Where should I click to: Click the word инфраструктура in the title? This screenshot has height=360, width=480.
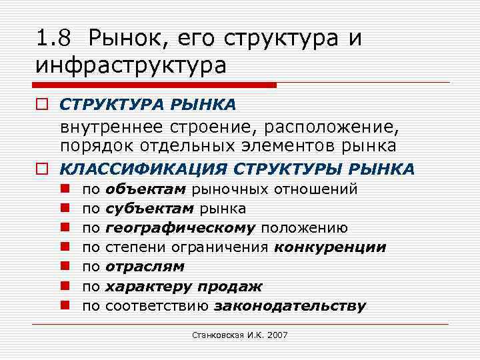132,66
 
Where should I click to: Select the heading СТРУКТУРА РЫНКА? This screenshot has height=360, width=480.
147,105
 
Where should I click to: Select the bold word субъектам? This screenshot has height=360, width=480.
150,209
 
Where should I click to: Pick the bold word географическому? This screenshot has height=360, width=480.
180,228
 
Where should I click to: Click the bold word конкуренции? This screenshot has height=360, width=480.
330,247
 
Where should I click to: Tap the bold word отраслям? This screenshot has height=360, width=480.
145,267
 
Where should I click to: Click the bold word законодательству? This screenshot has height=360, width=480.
290,306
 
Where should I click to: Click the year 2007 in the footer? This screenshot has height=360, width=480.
276,335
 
